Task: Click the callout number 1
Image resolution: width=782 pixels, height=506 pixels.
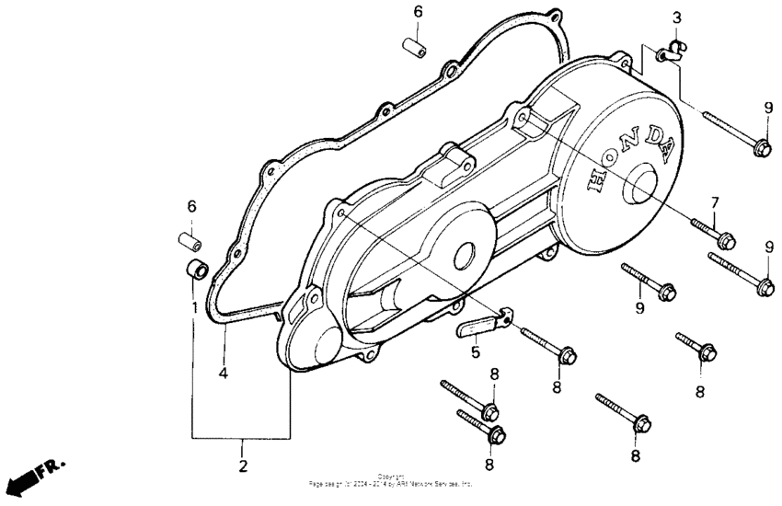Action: (194, 305)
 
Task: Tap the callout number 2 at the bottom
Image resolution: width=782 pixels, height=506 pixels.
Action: (243, 466)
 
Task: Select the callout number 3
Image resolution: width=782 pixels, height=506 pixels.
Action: (676, 17)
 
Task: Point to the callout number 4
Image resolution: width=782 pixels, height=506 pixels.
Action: (223, 374)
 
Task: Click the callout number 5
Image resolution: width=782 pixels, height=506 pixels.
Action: (476, 351)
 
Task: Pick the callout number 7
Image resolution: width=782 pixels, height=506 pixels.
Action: (713, 202)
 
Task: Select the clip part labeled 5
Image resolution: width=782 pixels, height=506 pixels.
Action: (481, 325)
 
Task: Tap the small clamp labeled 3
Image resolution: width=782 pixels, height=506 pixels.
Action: (670, 52)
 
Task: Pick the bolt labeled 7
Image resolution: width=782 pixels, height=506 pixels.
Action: (710, 231)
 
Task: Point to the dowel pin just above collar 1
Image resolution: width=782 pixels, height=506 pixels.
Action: (190, 243)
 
